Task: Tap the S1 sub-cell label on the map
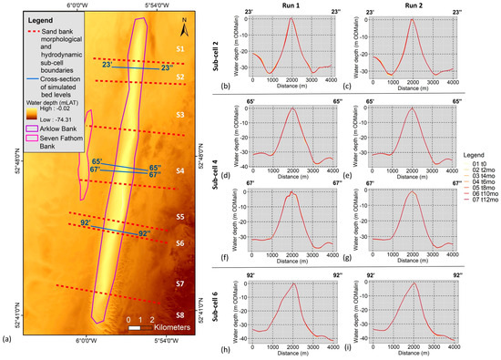click(x=180, y=47)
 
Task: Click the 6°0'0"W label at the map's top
click(x=84, y=5)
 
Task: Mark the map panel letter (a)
click(x=8, y=339)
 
